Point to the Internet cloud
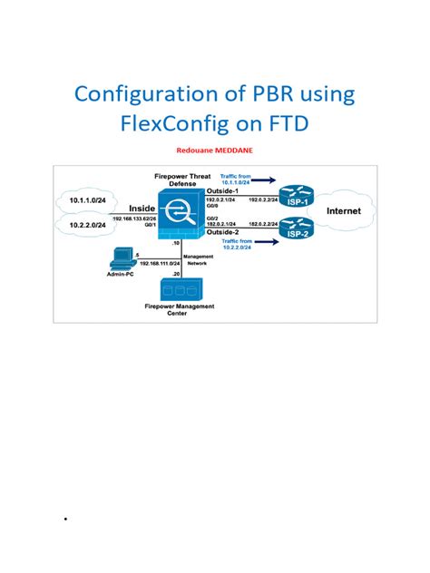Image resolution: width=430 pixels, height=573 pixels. coord(342,211)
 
